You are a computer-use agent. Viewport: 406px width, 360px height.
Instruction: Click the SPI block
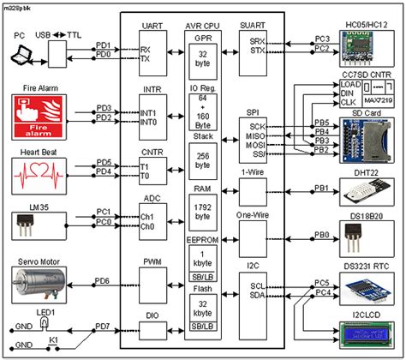click(254, 137)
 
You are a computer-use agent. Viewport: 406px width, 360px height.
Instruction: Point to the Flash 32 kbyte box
click(204, 309)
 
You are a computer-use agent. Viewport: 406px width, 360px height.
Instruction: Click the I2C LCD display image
click(366, 332)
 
